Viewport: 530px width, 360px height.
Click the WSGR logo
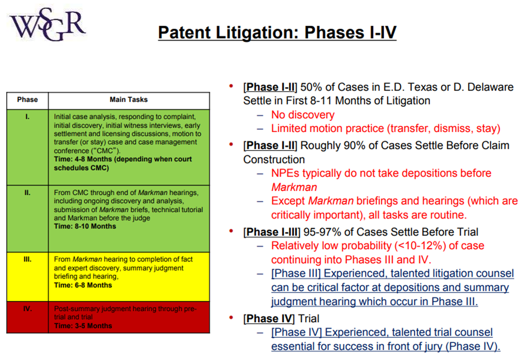coord(47,24)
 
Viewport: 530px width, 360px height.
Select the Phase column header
coord(28,100)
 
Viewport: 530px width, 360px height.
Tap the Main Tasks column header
coord(128,100)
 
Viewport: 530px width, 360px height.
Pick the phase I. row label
coord(28,117)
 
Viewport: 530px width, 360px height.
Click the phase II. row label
coord(28,193)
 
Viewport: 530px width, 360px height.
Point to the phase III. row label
coord(28,259)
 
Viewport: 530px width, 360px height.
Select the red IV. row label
coord(28,309)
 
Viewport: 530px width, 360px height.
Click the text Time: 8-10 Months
coord(85,226)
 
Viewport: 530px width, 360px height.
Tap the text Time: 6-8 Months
coord(83,285)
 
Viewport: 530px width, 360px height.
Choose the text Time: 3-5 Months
coord(83,326)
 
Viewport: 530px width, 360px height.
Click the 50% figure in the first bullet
coord(311,87)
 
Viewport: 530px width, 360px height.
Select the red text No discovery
coord(303,115)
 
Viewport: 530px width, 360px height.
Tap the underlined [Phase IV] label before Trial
coord(269,319)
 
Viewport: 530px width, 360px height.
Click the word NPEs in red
coord(285,173)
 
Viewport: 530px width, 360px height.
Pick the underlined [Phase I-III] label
coord(272,232)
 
